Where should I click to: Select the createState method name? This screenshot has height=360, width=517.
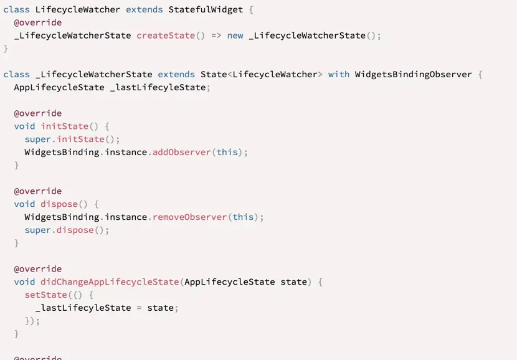pos(166,36)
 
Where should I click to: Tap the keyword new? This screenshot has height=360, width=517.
pos(235,36)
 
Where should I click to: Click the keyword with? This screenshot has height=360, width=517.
pos(339,74)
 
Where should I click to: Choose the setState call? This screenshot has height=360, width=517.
pos(46,295)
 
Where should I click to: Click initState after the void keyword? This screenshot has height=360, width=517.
pos(65,126)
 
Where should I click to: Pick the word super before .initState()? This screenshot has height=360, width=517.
pos(38,139)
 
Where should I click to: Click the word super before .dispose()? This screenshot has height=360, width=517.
pos(38,230)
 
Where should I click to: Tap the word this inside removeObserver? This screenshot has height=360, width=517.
pos(243,217)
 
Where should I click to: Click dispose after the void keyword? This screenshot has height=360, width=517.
pos(59,204)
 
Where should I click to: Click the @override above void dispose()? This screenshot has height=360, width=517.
pos(38,191)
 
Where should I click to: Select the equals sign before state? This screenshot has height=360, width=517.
pos(139,308)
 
